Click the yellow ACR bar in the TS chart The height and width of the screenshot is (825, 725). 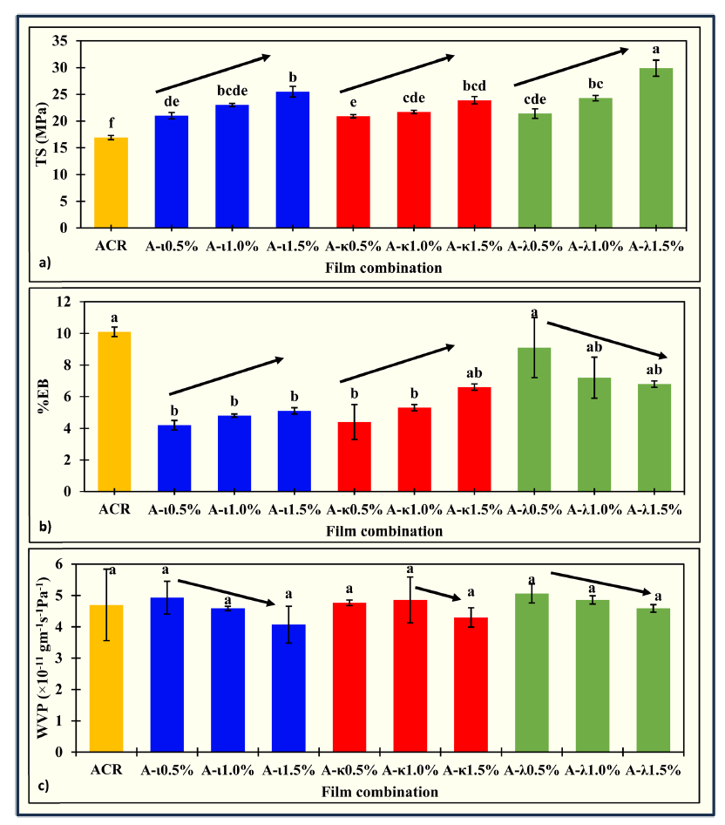pos(111,182)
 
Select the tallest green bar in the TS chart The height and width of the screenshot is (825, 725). pos(656,148)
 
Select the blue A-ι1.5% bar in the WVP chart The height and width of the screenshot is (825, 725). pos(288,688)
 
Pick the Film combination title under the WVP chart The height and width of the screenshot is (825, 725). pos(378,792)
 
